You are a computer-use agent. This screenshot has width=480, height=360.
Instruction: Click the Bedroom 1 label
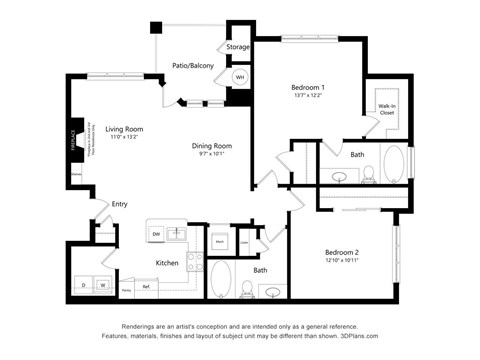click(x=308, y=88)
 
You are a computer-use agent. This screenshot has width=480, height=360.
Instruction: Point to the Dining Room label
click(x=212, y=146)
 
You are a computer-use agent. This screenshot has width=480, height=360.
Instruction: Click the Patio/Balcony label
click(x=192, y=65)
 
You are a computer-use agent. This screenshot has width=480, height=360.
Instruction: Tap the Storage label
click(x=237, y=47)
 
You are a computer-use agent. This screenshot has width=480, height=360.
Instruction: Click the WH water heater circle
click(x=240, y=77)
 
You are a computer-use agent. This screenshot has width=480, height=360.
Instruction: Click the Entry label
click(x=119, y=204)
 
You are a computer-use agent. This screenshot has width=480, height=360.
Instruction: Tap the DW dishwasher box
click(x=156, y=234)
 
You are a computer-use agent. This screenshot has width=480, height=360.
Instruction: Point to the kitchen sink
click(x=178, y=234)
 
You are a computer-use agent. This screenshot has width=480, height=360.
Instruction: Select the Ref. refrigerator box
click(x=146, y=287)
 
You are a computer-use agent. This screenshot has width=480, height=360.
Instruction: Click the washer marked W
click(x=102, y=283)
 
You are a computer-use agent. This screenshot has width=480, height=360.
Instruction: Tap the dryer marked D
click(x=84, y=283)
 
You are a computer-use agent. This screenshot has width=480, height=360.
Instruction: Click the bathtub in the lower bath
click(x=220, y=281)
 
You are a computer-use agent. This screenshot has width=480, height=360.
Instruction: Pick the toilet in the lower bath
click(x=246, y=288)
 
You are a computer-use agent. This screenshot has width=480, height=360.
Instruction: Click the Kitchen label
click(x=166, y=263)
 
